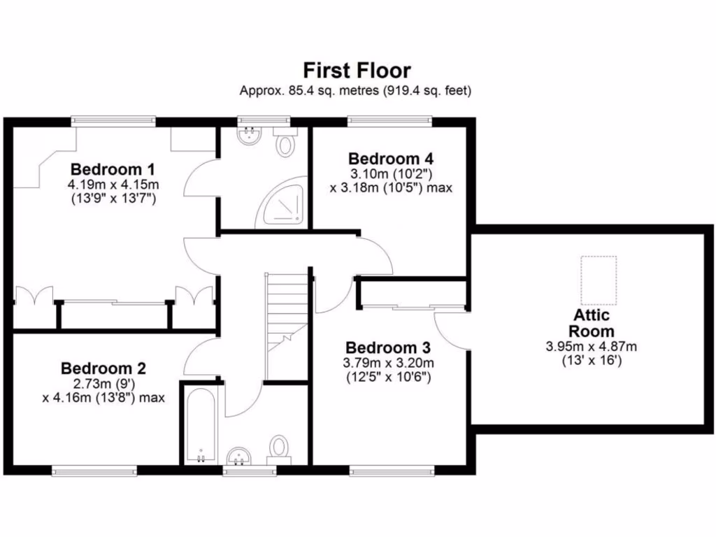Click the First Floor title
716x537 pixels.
click(x=357, y=71)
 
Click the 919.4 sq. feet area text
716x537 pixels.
click(x=427, y=90)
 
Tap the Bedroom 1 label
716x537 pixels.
click(x=113, y=169)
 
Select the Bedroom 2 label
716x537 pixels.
click(x=103, y=368)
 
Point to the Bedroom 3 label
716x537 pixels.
click(x=388, y=348)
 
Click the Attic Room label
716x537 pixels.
click(x=591, y=324)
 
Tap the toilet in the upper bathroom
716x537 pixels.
click(x=285, y=144)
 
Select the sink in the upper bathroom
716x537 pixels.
click(x=248, y=135)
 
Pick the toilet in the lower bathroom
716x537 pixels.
click(x=280, y=447)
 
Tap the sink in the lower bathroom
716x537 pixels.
click(x=240, y=457)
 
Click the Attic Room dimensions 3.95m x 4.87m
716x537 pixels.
click(x=591, y=347)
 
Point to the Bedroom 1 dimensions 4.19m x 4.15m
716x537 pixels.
click(x=113, y=185)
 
